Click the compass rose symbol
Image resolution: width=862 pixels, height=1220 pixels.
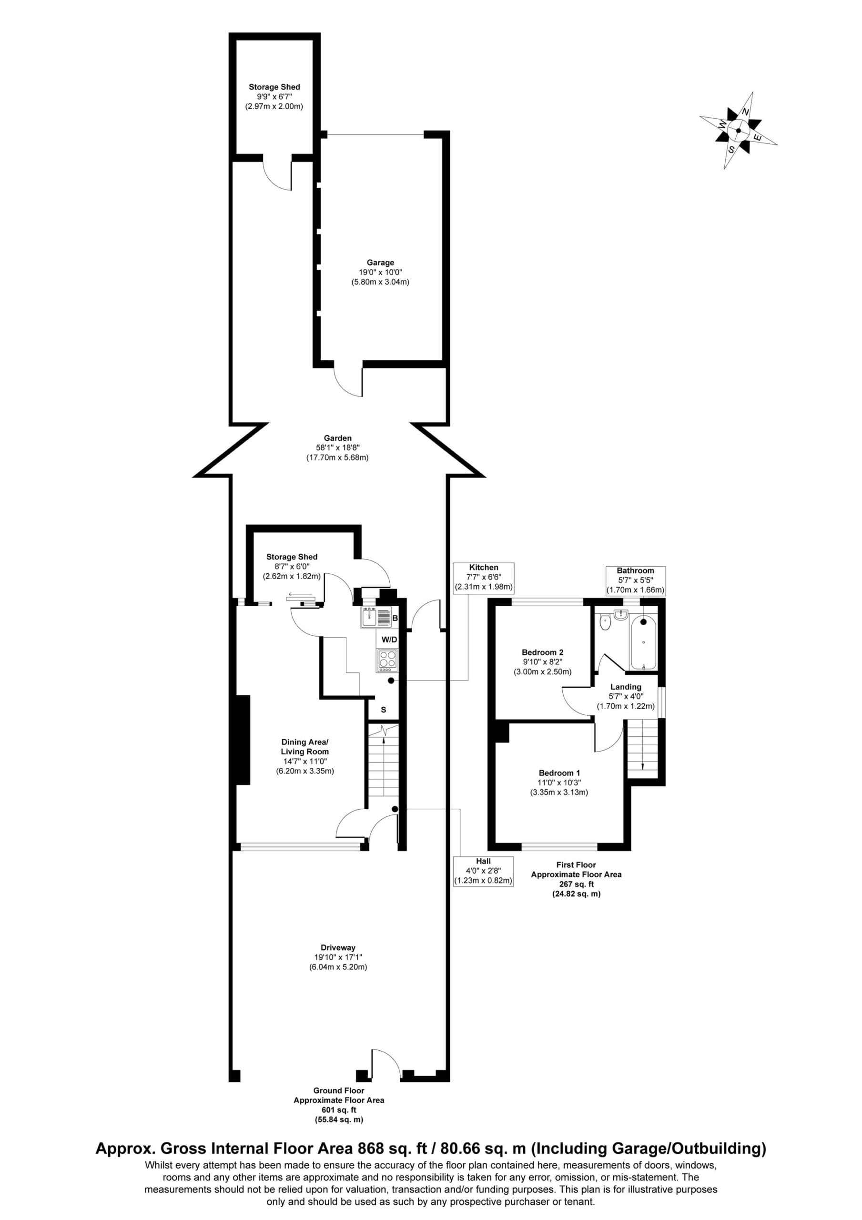pos(738,131)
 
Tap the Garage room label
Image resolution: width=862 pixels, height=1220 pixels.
pos(381,263)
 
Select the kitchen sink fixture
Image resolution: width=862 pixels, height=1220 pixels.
pos(376,618)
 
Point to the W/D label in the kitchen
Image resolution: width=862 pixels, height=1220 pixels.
pos(390,640)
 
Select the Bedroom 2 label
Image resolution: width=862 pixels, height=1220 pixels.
pos(542,652)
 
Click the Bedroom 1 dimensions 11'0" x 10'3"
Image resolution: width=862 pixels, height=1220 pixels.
pos(558,783)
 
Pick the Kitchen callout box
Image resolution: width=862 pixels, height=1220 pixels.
pos(483,578)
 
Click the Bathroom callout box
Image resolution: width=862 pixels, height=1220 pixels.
pos(636,580)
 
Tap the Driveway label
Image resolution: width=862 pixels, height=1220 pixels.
pos(338,947)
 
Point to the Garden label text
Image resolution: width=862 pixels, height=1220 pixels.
pos(337,438)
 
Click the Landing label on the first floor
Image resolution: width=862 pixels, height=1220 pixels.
pos(626,687)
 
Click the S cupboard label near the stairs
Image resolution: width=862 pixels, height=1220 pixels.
pos(383,710)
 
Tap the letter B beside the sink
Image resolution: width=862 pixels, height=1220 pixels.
pos(395,619)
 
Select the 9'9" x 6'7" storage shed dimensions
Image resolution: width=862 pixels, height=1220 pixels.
pos(274,97)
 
